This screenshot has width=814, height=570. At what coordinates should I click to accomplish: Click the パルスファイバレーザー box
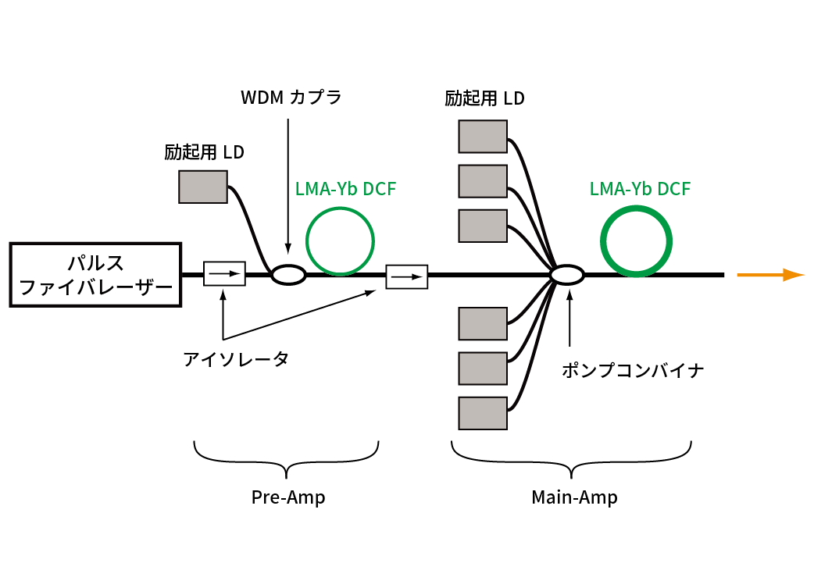tap(95, 274)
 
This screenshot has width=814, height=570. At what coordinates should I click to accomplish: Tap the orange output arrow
tap(770, 275)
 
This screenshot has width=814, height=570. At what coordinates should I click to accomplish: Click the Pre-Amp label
tap(287, 497)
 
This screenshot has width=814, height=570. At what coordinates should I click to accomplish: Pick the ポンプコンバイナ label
tap(633, 371)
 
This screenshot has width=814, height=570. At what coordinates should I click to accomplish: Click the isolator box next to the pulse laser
tap(224, 274)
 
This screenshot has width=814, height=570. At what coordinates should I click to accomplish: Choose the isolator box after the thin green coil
tap(407, 276)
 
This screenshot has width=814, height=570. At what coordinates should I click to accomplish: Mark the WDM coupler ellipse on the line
tap(287, 274)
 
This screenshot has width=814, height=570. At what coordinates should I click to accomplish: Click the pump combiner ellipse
tap(567, 275)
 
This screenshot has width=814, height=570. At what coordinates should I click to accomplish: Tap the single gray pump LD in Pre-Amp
tap(203, 187)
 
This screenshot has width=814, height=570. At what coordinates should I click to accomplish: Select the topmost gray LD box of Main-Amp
tap(482, 136)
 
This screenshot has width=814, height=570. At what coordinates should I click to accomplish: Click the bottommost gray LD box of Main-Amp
tap(482, 414)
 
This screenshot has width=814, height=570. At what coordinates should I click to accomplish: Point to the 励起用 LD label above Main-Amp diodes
tap(484, 99)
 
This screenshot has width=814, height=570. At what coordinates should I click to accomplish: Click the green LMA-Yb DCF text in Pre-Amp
tap(346, 189)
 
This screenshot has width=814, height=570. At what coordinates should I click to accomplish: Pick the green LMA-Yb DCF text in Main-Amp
tap(640, 189)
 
